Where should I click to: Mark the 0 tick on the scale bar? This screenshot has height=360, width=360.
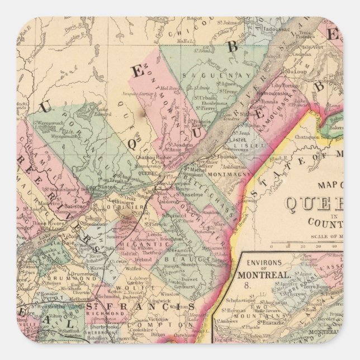pos(273,244)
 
